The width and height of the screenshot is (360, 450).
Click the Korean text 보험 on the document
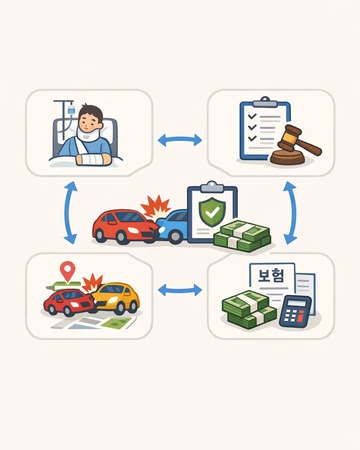point(272,276)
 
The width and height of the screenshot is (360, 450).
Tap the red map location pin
point(69,270)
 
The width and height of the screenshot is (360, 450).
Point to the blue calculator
point(295,311)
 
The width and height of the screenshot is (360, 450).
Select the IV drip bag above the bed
point(71,110)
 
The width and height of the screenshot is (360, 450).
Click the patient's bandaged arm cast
point(93,159)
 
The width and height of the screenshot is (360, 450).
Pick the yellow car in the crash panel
point(117,298)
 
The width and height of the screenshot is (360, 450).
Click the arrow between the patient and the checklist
point(180,140)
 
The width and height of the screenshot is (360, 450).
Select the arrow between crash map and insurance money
point(180,290)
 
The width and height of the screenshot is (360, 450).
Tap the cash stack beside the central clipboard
point(243,237)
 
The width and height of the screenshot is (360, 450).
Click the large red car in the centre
point(125,226)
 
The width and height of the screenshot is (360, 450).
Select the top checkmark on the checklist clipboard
point(252,116)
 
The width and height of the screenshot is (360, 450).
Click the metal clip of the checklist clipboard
point(265,102)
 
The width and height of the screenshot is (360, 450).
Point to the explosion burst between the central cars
point(156,207)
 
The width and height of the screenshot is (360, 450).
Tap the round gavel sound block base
point(287,157)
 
